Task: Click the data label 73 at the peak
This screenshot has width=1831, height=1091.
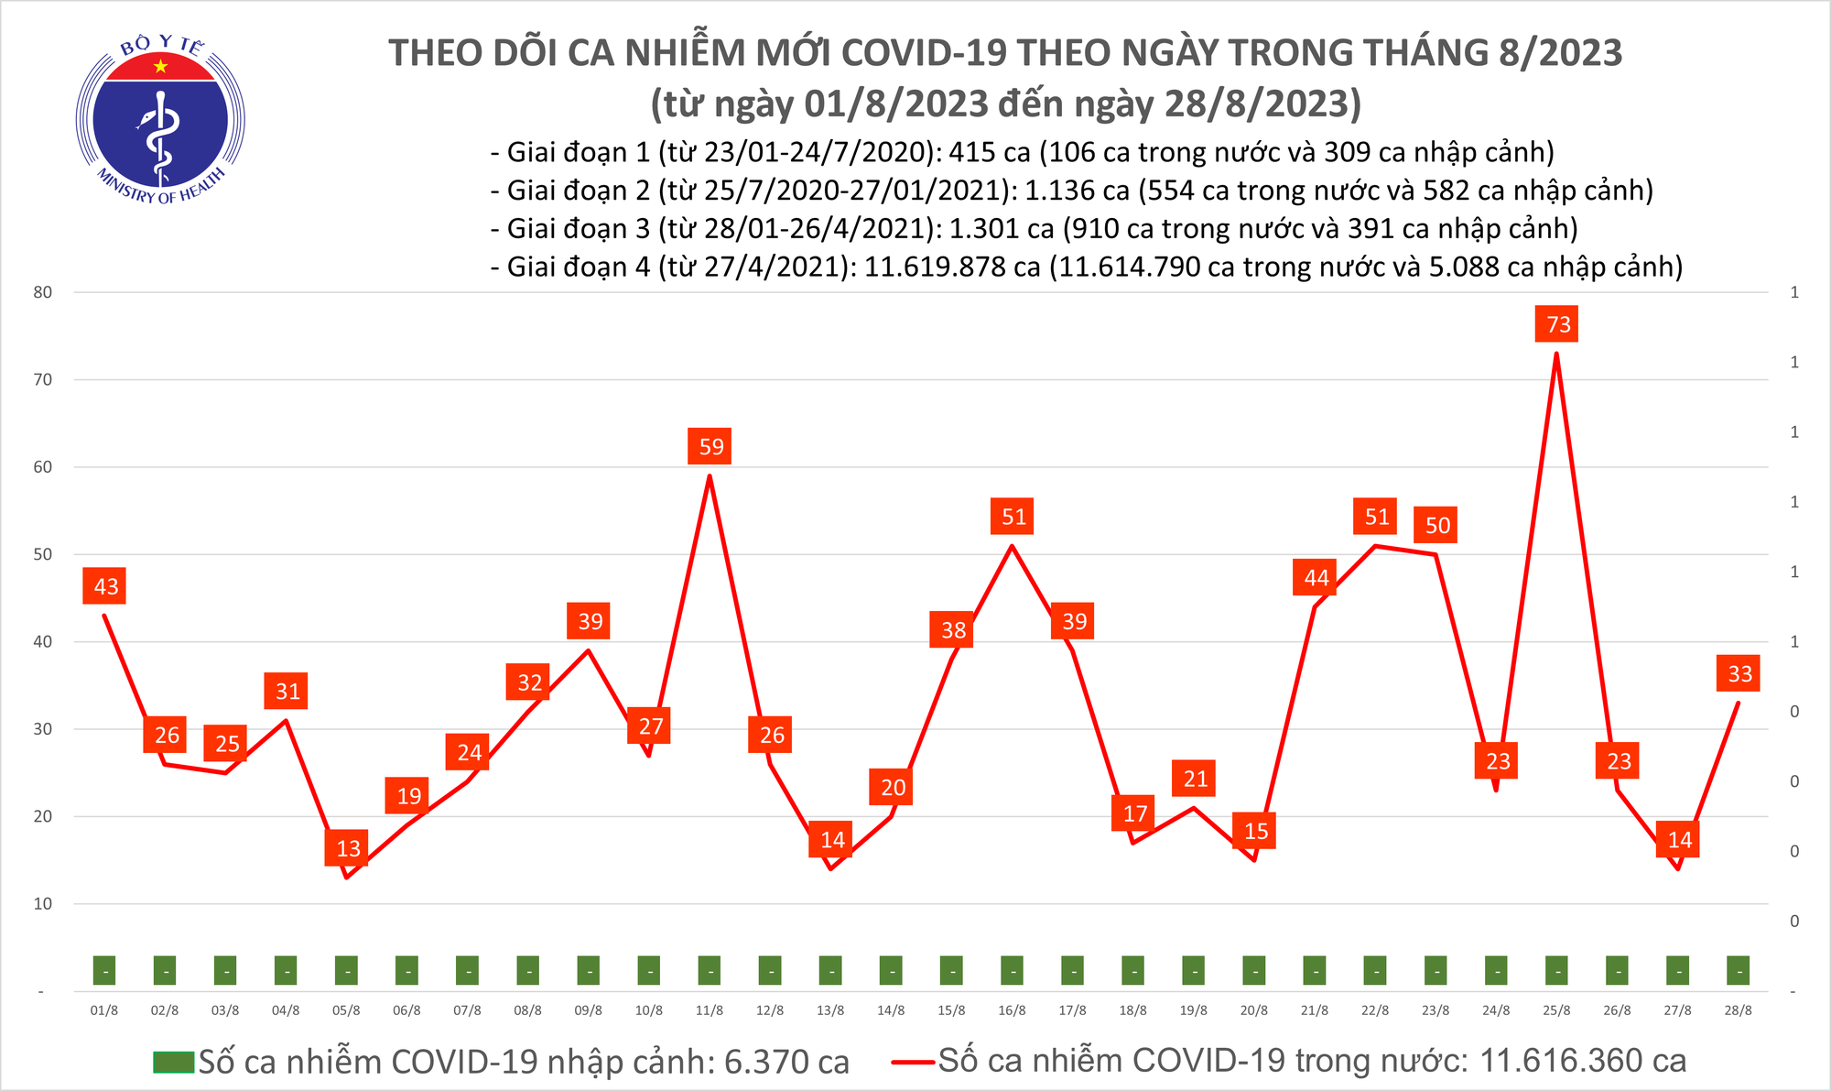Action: tap(1558, 324)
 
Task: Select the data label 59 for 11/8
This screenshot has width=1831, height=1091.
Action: tap(711, 446)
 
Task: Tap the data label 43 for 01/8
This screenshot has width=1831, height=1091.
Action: tap(106, 586)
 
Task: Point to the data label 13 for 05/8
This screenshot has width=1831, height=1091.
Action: tap(348, 848)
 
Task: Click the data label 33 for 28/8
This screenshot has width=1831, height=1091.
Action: tap(1739, 674)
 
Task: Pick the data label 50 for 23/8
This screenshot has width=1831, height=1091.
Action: tap(1437, 526)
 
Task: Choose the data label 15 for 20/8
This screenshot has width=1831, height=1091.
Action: tap(1256, 831)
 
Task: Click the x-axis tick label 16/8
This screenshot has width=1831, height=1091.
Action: tap(1012, 1010)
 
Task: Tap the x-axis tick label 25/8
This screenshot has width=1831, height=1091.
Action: tap(1556, 1010)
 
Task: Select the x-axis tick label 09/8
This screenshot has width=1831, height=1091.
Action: tap(588, 1010)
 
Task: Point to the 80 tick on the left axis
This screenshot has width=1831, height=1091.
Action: tap(42, 292)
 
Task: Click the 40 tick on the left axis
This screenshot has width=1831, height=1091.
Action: tap(42, 642)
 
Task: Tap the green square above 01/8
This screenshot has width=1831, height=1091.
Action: tap(104, 970)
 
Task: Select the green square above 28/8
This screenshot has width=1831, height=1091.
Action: tap(1738, 970)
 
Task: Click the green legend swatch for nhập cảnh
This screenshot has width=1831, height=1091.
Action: tap(174, 1062)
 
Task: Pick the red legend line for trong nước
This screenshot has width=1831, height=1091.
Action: tap(914, 1062)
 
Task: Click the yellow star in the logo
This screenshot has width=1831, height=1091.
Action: tap(161, 66)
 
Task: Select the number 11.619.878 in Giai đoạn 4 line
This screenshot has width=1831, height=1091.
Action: tap(952, 267)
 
